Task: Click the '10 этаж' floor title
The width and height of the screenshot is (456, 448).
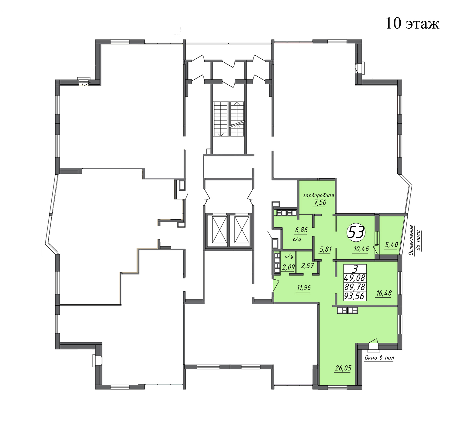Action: [413, 23]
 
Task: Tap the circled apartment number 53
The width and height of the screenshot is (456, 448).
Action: [356, 233]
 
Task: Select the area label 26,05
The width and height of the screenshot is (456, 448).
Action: [343, 368]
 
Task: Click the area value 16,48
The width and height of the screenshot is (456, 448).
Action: [384, 293]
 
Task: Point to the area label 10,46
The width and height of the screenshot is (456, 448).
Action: [361, 249]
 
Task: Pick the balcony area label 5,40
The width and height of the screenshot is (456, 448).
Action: [392, 244]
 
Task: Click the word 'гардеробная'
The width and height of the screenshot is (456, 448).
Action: [318, 195]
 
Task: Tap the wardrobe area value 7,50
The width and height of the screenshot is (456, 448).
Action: [320, 202]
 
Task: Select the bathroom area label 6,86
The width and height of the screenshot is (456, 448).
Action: [301, 230]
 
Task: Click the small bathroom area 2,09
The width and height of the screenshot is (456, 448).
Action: [288, 267]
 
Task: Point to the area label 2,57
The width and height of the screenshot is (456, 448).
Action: [307, 266]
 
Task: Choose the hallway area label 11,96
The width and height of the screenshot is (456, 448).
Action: [304, 288]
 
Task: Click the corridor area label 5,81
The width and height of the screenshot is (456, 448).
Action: [325, 249]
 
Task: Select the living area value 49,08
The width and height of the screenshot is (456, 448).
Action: [355, 278]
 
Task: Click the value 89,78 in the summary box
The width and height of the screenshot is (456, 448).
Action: [355, 287]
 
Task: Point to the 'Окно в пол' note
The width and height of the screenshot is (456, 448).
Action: [379, 358]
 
